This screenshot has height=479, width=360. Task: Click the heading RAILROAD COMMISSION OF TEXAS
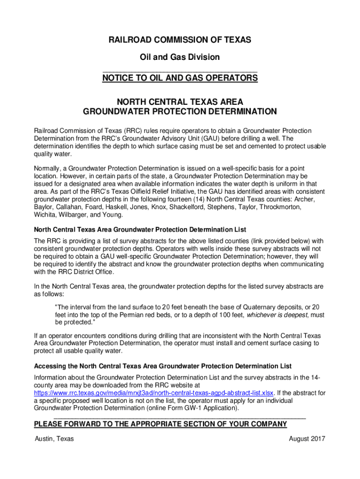(x=180, y=40)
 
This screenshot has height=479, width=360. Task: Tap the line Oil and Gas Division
(x=180, y=57)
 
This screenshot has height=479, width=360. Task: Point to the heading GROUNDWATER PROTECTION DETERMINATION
(x=180, y=112)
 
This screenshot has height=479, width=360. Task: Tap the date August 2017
(x=307, y=439)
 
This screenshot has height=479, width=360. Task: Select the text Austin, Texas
(x=54, y=439)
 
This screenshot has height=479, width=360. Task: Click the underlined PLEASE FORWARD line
(x=160, y=424)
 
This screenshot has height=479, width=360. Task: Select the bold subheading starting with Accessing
(x=163, y=366)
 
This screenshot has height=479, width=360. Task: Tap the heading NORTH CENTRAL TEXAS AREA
(x=180, y=102)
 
